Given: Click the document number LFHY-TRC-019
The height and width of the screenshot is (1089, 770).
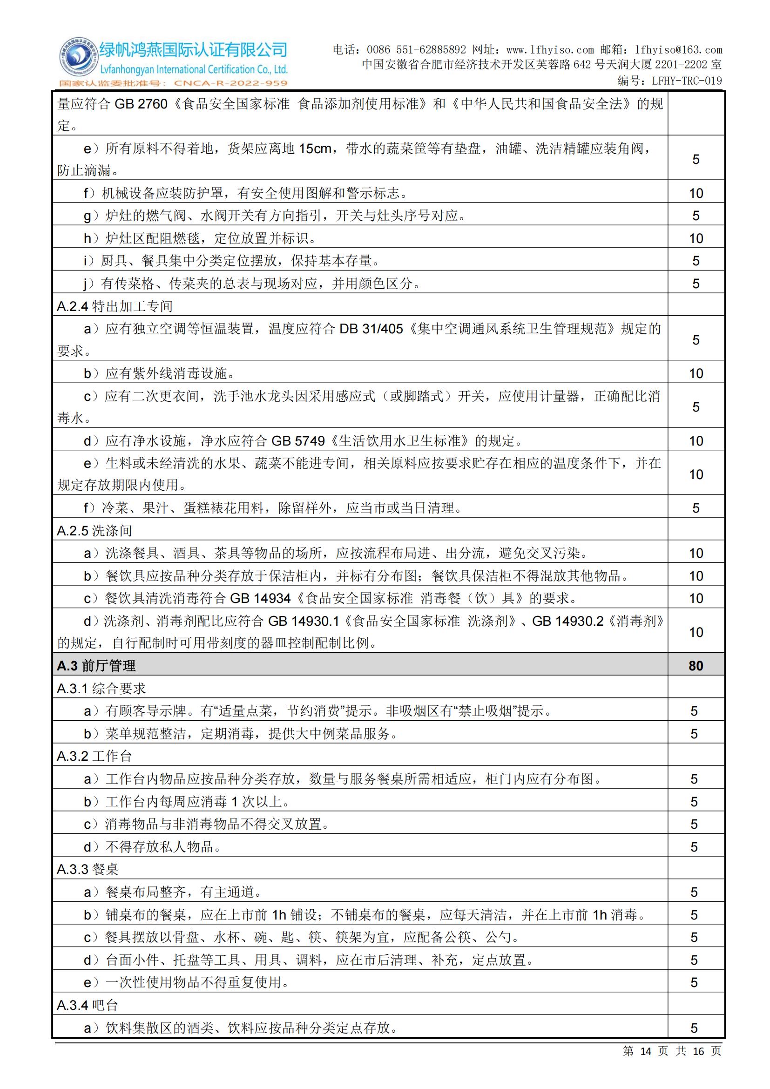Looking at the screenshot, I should click(687, 81).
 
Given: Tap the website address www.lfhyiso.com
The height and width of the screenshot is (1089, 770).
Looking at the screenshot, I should click(549, 50).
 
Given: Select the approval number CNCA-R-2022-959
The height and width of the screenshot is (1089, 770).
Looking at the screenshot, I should click(230, 83).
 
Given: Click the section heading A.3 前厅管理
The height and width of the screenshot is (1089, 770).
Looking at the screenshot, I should click(96, 665).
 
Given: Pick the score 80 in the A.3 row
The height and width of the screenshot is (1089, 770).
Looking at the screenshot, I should click(696, 665).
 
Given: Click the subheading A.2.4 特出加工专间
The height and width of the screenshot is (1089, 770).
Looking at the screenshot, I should click(115, 306).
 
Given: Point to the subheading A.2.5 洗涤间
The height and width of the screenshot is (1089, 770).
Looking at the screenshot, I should click(95, 530).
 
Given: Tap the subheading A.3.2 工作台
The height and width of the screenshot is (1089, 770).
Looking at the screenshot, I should click(95, 756).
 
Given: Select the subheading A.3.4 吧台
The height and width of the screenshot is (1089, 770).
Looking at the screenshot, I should click(87, 1005).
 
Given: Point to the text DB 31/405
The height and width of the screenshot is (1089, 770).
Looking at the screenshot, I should click(371, 329).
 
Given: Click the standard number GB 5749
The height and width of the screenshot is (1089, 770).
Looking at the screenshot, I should click(298, 441).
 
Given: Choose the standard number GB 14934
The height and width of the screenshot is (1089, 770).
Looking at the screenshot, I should click(260, 598).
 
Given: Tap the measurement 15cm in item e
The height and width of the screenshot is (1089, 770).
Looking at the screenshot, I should click(315, 149).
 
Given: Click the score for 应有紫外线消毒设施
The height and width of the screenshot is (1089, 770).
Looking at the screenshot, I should click(696, 373).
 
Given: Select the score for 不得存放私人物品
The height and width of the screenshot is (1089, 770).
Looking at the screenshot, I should click(694, 846).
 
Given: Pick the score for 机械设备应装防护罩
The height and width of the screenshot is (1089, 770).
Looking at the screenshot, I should click(696, 193).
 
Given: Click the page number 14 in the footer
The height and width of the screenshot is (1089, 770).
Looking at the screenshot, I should click(646, 1065).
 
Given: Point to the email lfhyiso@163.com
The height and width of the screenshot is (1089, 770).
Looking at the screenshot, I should click(678, 50).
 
